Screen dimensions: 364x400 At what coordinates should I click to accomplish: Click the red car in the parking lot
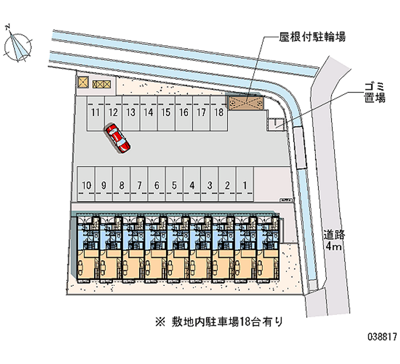coord(118,138)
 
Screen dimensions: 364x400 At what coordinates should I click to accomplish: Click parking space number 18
coord(218,113)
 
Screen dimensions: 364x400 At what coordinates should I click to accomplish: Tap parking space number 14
coord(148,113)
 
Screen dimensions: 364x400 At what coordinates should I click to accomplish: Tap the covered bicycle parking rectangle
coord(246,102)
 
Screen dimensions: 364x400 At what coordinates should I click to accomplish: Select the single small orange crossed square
coord(83,82)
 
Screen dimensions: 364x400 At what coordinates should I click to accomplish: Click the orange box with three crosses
coord(100,84)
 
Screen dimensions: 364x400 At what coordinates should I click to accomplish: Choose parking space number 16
coord(183,113)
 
